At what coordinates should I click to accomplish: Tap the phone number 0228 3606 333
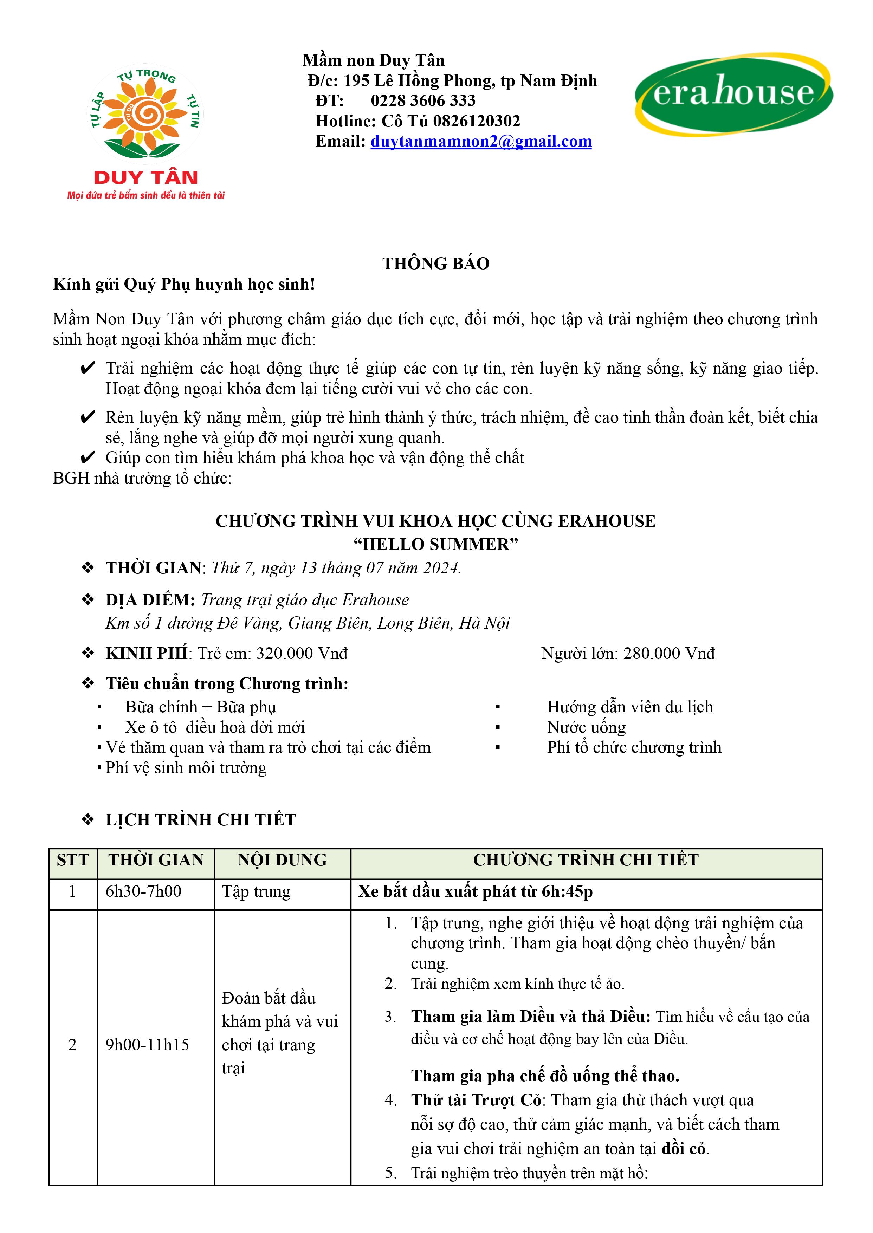click(423, 100)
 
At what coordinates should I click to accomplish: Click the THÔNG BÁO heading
click(436, 264)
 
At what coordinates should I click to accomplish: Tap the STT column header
click(72, 860)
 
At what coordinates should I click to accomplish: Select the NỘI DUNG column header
click(282, 860)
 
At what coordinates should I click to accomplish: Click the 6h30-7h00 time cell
click(143, 891)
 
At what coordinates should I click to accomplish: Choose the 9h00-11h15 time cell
click(147, 1044)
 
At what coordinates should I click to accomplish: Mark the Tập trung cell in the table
click(257, 891)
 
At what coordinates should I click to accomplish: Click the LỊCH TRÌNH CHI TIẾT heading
click(201, 820)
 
